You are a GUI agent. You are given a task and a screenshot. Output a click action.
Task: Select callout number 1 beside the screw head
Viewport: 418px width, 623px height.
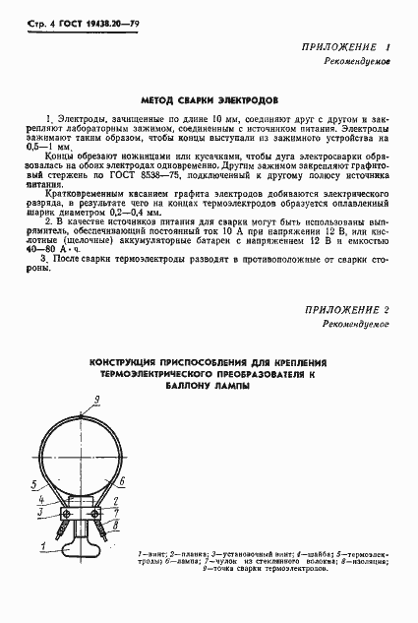tap(121, 527)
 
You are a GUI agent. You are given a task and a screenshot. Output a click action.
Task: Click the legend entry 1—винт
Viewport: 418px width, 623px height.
tap(152, 557)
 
